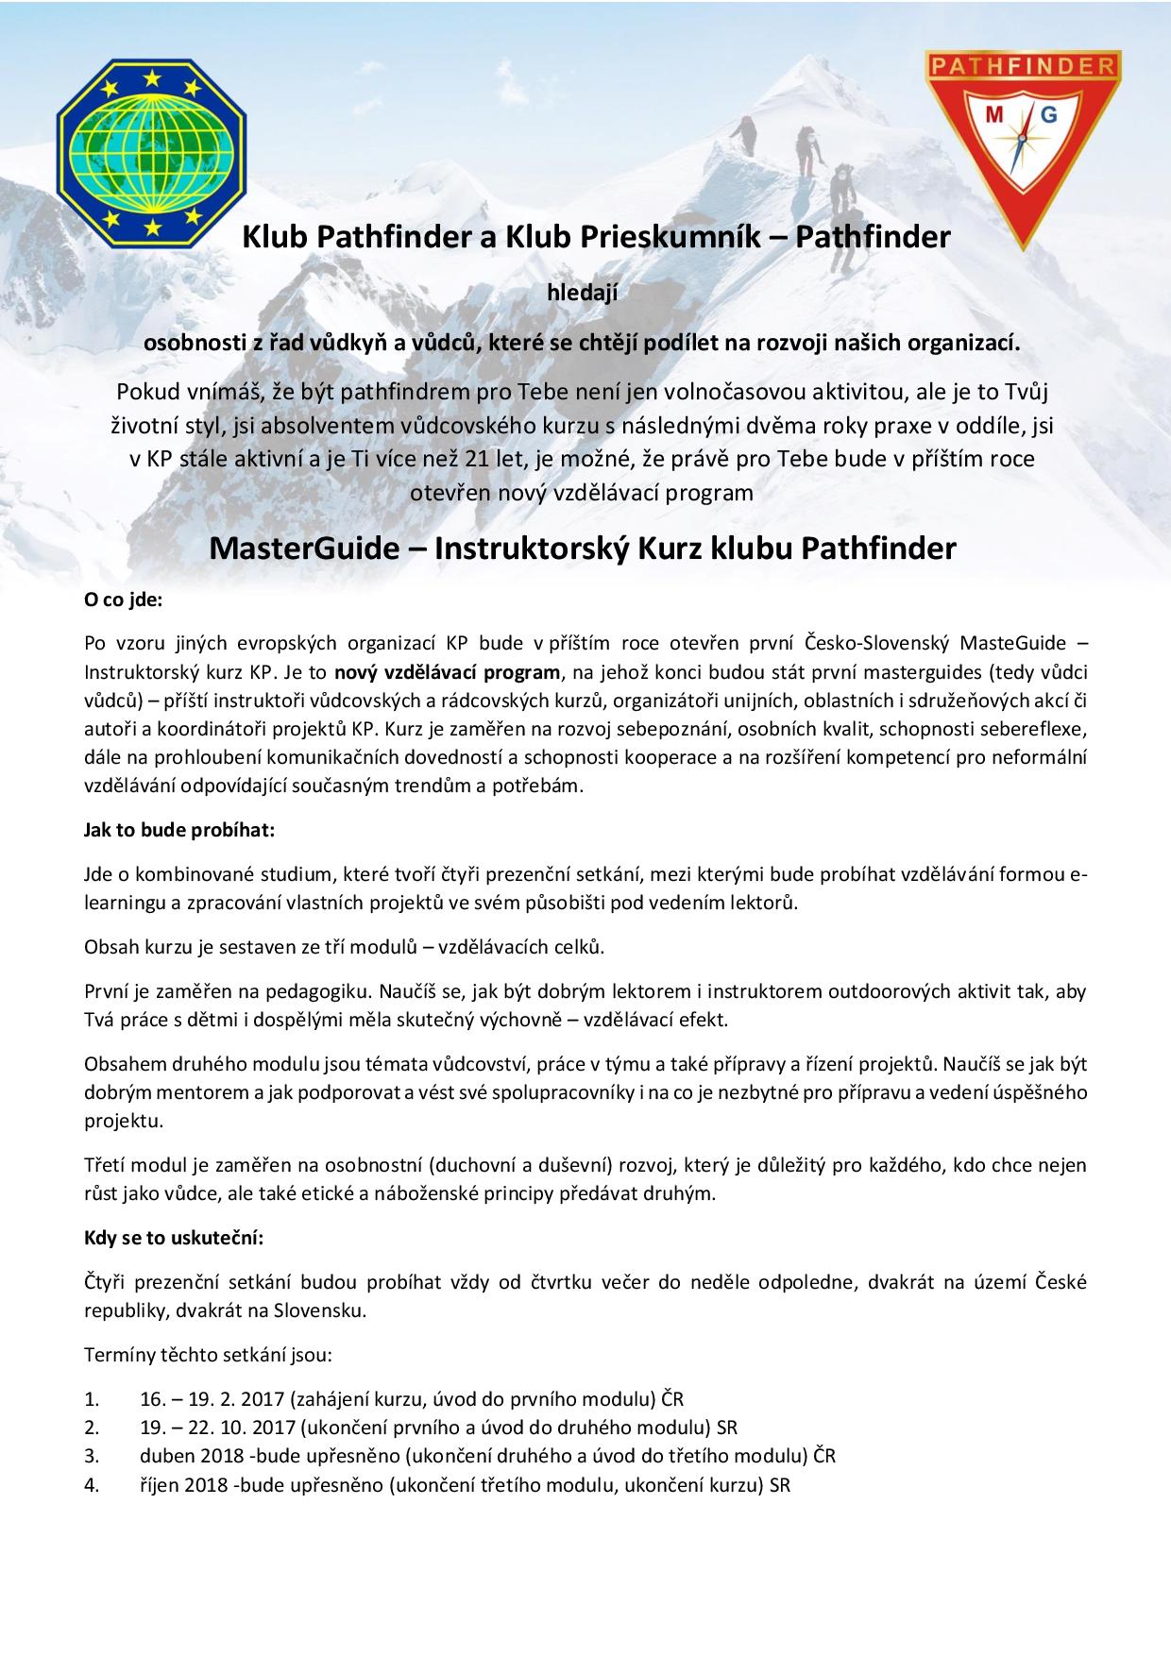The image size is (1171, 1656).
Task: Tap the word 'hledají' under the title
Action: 583,294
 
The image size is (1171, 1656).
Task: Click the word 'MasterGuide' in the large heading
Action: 303,549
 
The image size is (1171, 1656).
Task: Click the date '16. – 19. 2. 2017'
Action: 212,1398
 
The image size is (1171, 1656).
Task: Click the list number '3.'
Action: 92,1456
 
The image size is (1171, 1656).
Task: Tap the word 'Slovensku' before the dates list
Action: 325,1311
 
